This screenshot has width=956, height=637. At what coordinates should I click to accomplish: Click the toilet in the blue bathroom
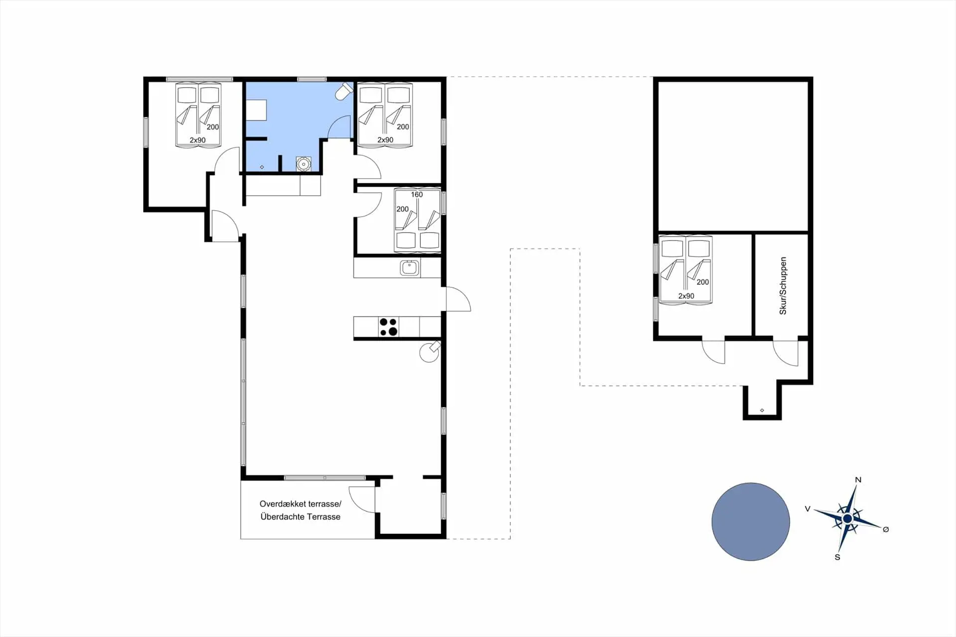(344, 92)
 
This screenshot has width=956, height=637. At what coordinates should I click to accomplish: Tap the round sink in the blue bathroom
(303, 164)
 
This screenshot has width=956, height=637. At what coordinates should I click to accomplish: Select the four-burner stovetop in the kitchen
(388, 327)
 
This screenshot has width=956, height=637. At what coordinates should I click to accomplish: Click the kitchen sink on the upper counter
(410, 268)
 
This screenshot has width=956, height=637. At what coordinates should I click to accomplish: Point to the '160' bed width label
(417, 195)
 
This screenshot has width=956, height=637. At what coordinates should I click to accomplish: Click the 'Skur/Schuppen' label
(783, 286)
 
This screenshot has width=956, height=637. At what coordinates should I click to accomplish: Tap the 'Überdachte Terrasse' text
(300, 517)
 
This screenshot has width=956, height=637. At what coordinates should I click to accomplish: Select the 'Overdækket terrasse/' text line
(300, 504)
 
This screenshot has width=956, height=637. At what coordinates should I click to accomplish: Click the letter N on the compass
(858, 480)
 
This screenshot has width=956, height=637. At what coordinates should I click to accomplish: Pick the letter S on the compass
(837, 557)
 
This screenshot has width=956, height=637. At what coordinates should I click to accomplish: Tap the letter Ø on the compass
(886, 529)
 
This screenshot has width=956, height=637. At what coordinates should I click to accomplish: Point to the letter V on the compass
(808, 509)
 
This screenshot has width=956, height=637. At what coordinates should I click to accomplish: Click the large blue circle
(750, 521)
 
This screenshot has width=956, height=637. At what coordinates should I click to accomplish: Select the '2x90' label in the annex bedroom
(686, 296)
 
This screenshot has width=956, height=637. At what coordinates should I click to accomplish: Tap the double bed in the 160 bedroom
(417, 220)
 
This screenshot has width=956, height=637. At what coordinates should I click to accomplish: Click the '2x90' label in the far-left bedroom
(198, 140)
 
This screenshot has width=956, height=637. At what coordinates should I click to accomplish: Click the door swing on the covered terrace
(362, 500)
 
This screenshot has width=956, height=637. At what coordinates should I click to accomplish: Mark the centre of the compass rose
(847, 519)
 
